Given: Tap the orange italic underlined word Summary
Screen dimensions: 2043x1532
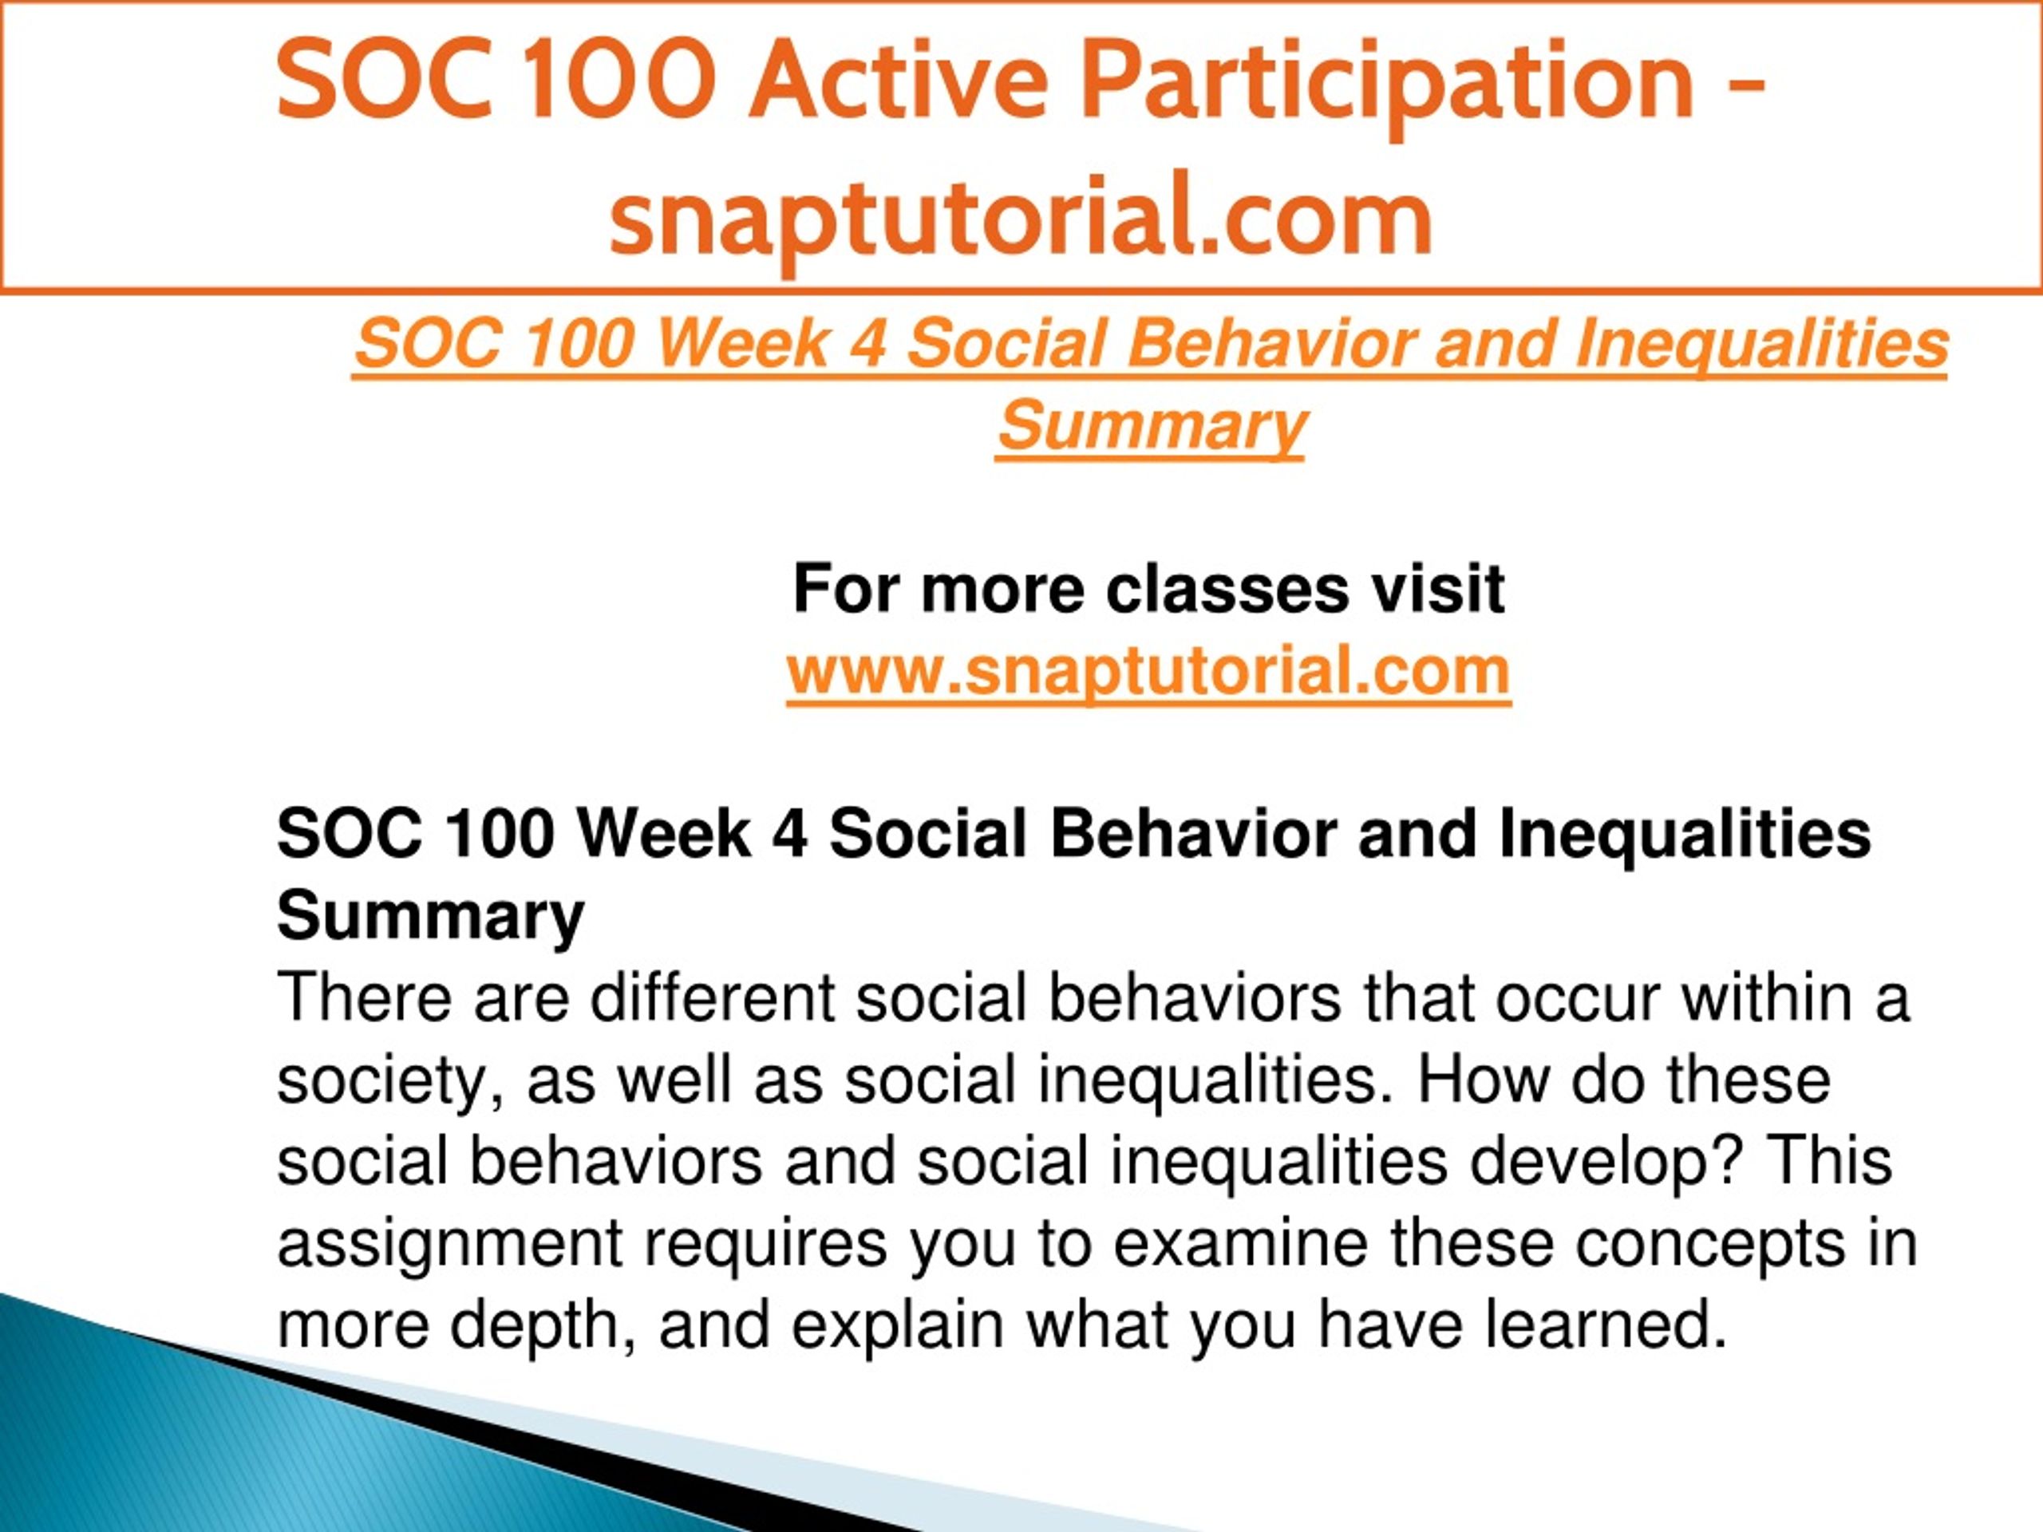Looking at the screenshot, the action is [1152, 427].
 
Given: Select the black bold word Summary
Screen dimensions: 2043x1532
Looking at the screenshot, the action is [430, 917].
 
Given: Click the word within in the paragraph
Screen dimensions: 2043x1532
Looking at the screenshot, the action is [1766, 998].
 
